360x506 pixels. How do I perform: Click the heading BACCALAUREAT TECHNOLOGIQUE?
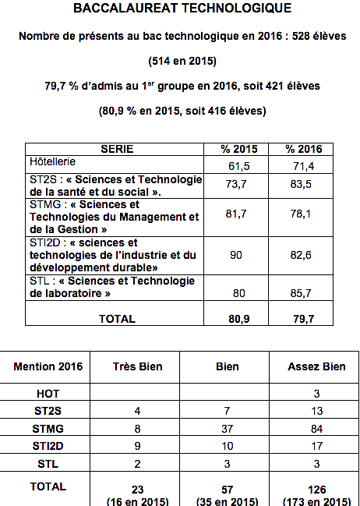(182, 10)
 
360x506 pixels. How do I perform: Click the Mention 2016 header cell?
(48, 366)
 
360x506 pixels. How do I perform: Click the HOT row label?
(48, 395)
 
